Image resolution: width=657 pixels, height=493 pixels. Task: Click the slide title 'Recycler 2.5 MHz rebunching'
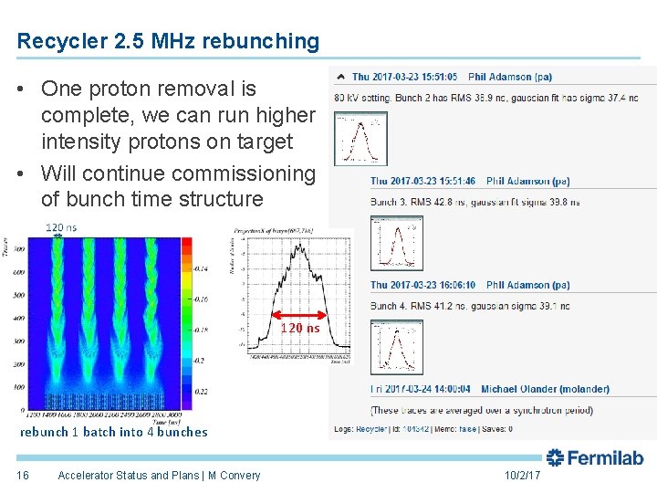point(169,41)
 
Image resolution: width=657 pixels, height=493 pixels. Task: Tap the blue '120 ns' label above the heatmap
point(61,227)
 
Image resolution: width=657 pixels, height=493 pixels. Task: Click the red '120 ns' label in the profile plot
point(300,328)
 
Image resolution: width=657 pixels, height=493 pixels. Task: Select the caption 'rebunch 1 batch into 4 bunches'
point(114,432)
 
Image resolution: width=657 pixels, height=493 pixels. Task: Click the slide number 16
point(23,475)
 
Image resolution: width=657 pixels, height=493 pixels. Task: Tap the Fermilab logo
point(595,457)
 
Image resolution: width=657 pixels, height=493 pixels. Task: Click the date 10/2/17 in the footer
point(522,476)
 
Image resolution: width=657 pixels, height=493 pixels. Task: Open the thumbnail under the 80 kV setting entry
point(360,139)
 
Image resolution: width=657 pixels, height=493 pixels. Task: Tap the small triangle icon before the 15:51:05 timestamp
point(341,77)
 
